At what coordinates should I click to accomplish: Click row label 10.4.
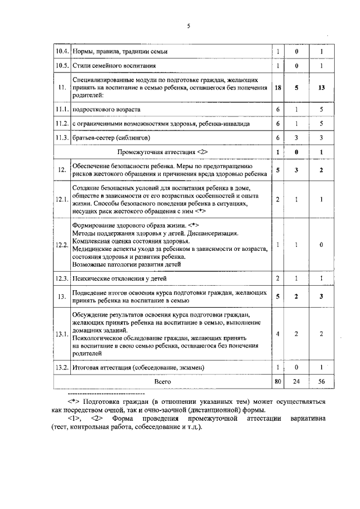coord(62,52)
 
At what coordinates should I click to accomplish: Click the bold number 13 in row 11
coord(321,87)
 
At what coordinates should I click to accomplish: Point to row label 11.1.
coord(62,109)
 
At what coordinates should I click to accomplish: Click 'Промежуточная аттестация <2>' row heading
coord(163,152)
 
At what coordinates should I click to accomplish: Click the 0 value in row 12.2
coord(321,245)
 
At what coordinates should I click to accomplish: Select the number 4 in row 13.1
coord(278,334)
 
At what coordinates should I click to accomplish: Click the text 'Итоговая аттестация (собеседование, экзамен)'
coord(138,367)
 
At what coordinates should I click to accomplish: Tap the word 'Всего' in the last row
coord(163,381)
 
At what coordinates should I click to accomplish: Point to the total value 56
coord(321,381)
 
